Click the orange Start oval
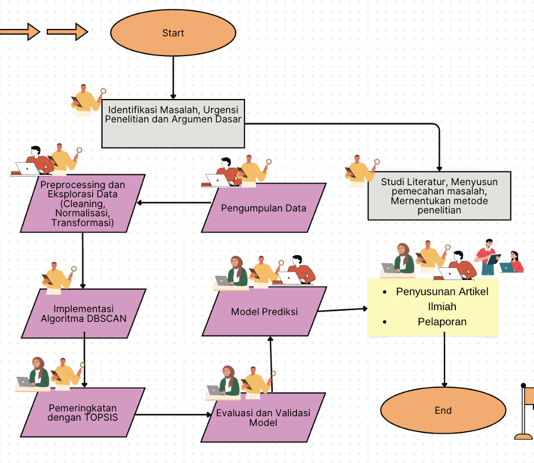(173, 33)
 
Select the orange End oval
(443, 410)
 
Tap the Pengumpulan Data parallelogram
(264, 208)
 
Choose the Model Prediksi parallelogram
(264, 311)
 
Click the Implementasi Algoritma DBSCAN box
(83, 314)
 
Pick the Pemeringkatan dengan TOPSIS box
(83, 413)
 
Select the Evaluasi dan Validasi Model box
(264, 418)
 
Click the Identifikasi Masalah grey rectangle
(173, 123)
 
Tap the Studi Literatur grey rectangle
(439, 196)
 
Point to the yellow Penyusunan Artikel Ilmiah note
(433, 307)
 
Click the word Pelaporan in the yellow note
(442, 322)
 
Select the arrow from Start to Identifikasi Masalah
(173, 78)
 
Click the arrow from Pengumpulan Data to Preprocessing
(174, 203)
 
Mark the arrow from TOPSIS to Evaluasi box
(173, 414)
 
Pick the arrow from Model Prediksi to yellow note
(343, 310)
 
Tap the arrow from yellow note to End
(444, 360)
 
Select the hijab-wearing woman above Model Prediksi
(235, 271)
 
